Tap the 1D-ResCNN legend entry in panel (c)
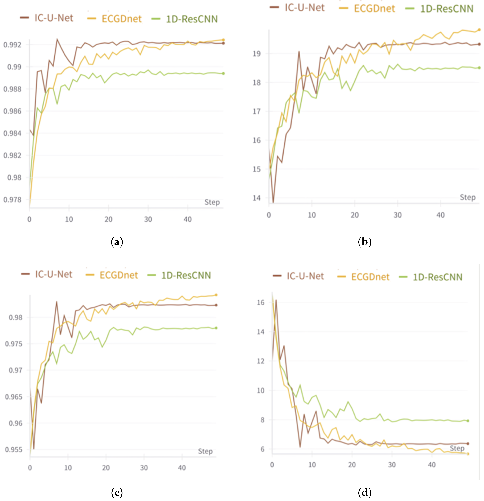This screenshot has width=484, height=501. [180, 275]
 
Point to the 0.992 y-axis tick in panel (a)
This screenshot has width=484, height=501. [12, 45]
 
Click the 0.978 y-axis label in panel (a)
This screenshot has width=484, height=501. [12, 199]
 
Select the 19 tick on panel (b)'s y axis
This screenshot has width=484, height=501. [257, 54]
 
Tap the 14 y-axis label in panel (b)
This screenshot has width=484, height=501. [257, 198]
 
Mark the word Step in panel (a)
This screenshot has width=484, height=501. [212, 202]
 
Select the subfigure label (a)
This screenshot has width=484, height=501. [117, 242]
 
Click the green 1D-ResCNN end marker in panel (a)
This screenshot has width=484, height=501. [223, 74]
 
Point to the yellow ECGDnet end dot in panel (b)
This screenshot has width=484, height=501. [479, 30]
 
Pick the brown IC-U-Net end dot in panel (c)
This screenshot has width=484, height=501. [216, 305]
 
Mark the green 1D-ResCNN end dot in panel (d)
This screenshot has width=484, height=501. [468, 421]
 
